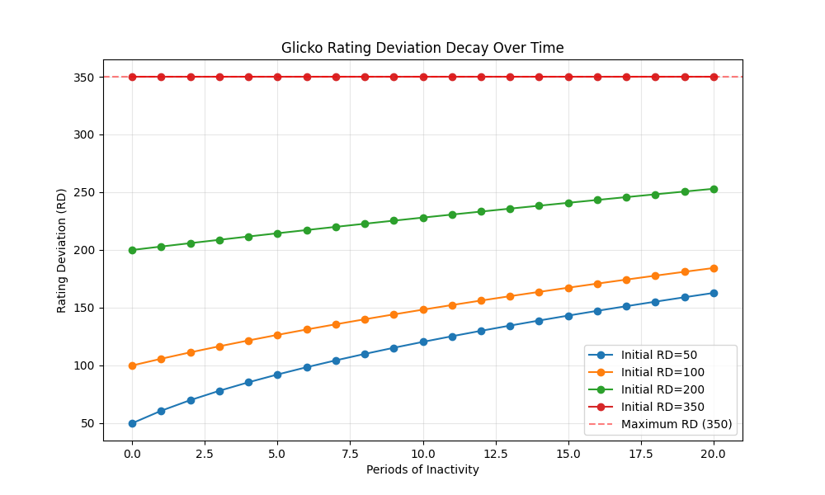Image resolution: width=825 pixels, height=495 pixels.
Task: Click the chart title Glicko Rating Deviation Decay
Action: (x=422, y=48)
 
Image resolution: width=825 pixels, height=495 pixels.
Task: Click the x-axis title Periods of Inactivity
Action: (x=422, y=469)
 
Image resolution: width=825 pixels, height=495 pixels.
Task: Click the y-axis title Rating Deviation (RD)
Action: (x=62, y=250)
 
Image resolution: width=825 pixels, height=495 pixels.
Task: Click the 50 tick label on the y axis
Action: (x=87, y=423)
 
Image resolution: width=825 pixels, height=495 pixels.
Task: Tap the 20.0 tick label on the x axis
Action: (x=714, y=453)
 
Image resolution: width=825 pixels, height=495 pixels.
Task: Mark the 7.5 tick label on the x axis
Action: (x=351, y=453)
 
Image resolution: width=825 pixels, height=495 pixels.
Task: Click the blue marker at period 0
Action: (x=132, y=423)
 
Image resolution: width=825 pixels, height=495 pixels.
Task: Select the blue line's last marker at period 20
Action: (x=714, y=293)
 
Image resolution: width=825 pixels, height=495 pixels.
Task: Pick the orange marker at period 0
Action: (x=132, y=365)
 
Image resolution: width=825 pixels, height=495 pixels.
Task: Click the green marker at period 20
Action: (x=714, y=189)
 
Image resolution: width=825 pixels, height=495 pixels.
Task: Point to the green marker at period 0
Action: (x=132, y=250)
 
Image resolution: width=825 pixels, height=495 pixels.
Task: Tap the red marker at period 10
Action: (x=423, y=77)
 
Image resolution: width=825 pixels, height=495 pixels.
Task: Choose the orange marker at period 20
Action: (x=714, y=268)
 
